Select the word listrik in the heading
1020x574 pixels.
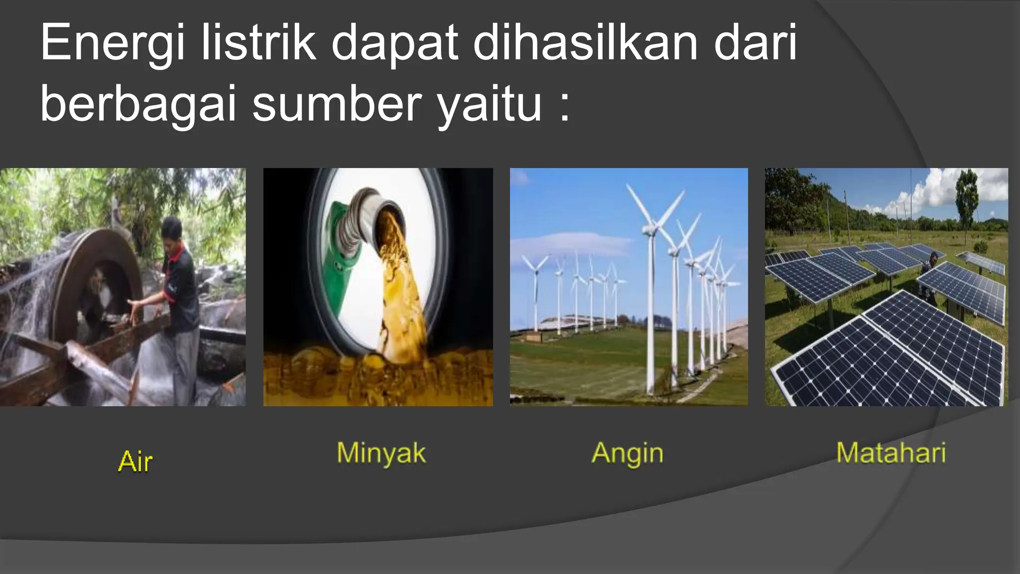tap(258, 43)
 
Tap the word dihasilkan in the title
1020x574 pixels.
tap(585, 43)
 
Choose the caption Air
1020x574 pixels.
tap(135, 461)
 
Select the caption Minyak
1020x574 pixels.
tap(381, 454)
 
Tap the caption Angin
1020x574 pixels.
tap(628, 454)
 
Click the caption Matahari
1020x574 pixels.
tap(891, 453)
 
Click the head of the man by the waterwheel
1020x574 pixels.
tap(172, 229)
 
